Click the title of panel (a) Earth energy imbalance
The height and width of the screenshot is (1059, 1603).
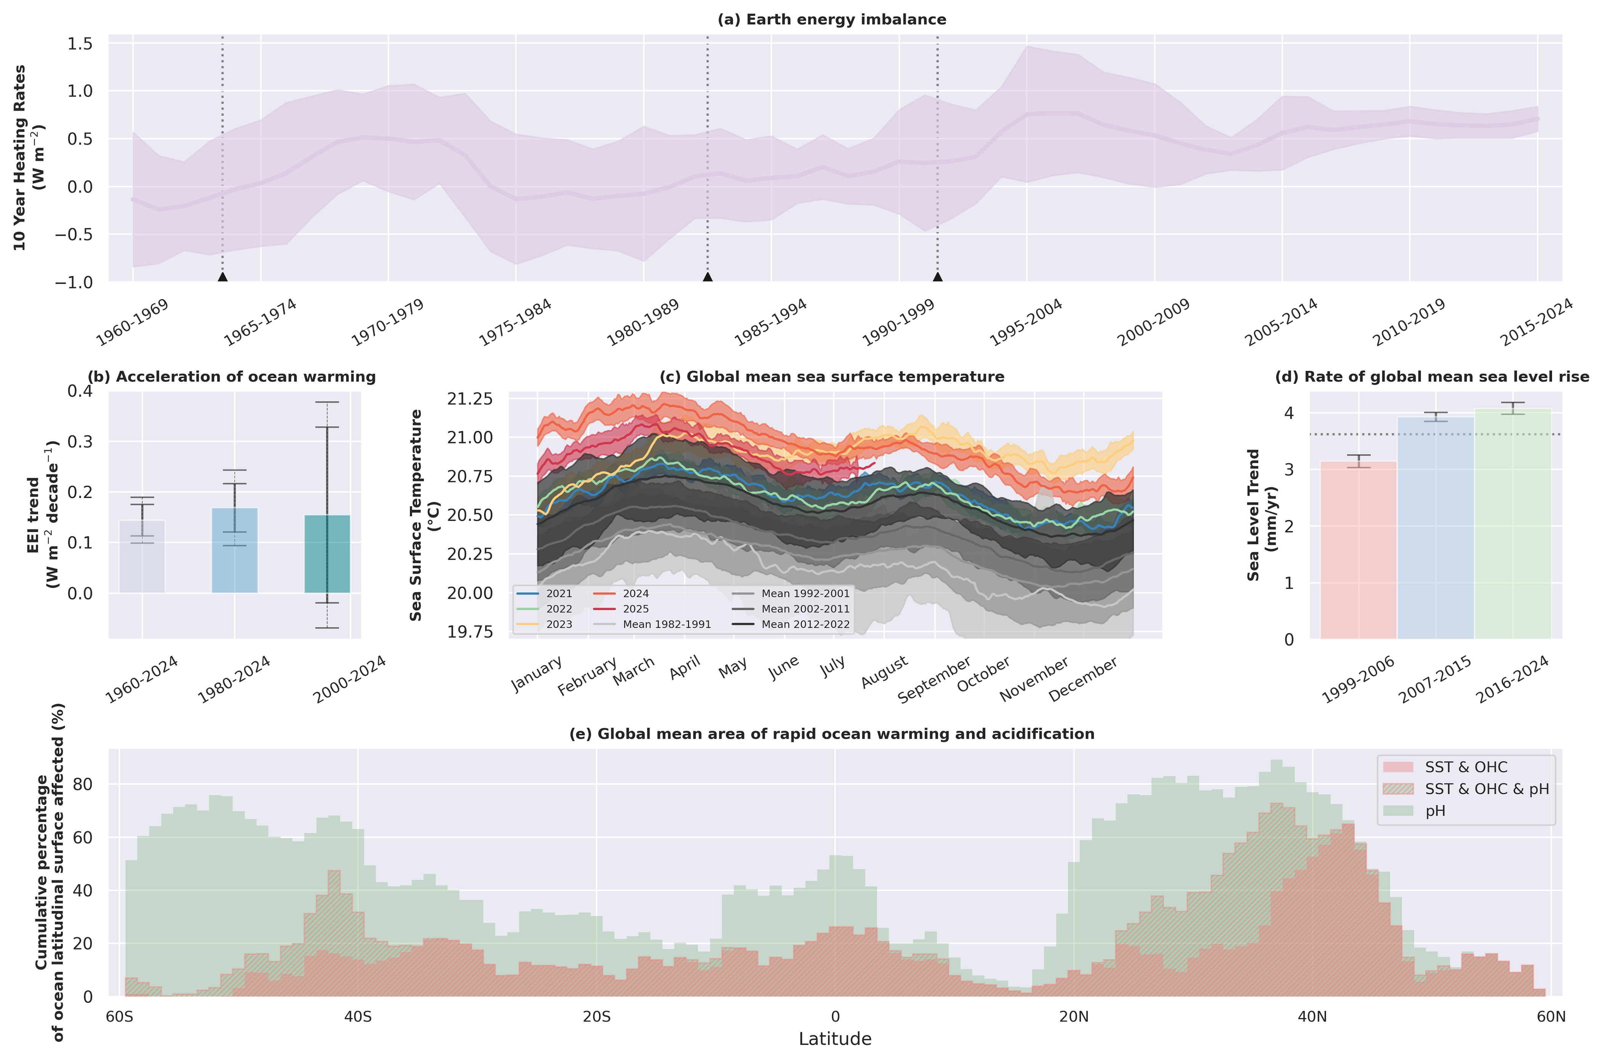click(831, 19)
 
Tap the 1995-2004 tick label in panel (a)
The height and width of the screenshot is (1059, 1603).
click(1026, 323)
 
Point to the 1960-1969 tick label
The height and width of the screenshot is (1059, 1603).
click(132, 323)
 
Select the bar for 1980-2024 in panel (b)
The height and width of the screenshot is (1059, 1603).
click(234, 550)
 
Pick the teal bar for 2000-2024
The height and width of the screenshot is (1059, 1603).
click(327, 554)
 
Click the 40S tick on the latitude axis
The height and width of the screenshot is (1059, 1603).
click(358, 1016)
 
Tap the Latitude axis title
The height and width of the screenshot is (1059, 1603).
click(834, 1039)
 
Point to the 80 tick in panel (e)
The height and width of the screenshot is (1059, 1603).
click(87, 784)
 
